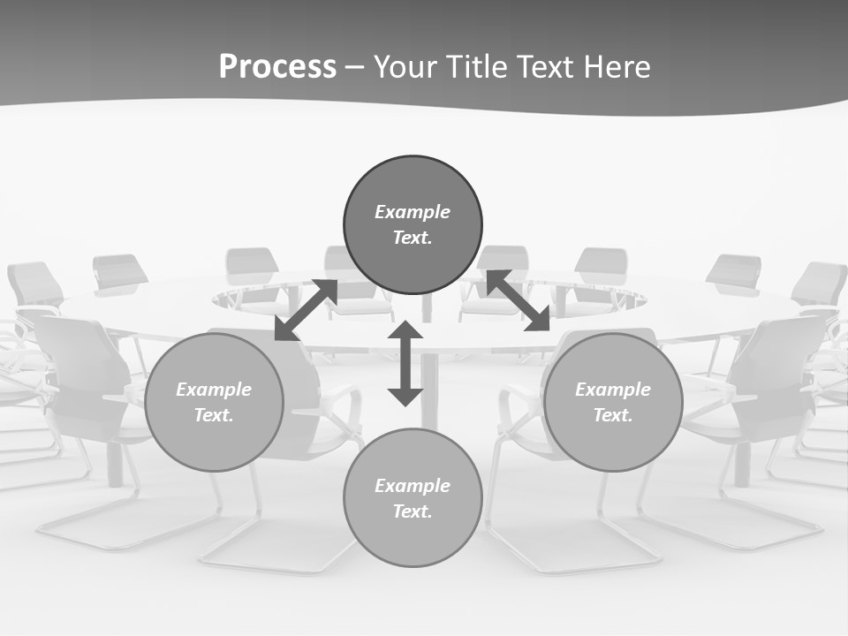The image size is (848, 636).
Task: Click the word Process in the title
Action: (x=277, y=67)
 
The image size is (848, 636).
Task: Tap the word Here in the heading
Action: (x=617, y=67)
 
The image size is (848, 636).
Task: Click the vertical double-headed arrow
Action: (x=405, y=363)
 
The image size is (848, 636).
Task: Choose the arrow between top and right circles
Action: (x=518, y=300)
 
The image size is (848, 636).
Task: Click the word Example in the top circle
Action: (x=413, y=212)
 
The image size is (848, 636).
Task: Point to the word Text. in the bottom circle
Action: (x=413, y=511)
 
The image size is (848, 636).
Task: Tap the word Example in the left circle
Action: (x=214, y=390)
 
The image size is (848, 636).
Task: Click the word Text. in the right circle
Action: (x=613, y=415)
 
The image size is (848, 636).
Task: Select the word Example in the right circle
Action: (x=613, y=390)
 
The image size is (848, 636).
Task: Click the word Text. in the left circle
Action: (x=214, y=415)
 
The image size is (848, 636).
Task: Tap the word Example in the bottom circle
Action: (x=413, y=486)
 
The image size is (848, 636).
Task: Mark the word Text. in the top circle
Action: (x=413, y=238)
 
